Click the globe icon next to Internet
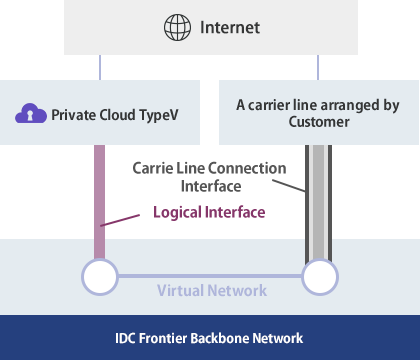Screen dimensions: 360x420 coord(177,28)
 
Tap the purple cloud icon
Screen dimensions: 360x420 coord(31,113)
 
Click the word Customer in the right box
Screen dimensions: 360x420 coord(318,122)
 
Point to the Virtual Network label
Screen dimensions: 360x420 coord(211,290)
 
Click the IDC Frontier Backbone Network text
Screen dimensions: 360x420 coord(210,338)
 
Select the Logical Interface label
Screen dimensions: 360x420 coord(209,212)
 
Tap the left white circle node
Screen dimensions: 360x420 coord(100,275)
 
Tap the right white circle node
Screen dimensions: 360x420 coord(318,275)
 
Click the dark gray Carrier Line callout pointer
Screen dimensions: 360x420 coord(289,185)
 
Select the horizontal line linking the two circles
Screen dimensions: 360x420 coord(209,275)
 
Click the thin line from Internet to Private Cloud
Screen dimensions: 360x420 coord(100,67)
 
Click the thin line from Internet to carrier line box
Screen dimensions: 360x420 coord(318,67)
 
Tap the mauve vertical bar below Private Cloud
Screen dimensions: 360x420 coord(100,200)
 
